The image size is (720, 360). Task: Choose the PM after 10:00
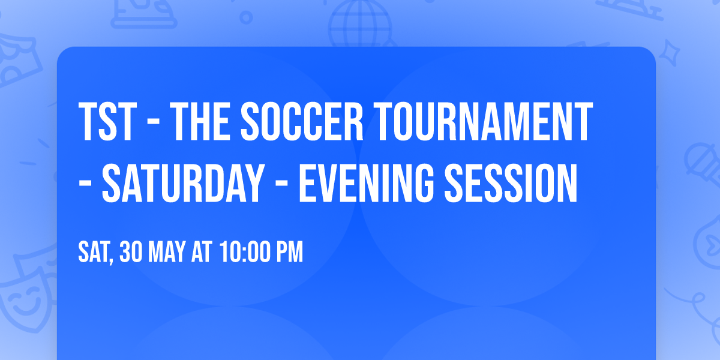(290, 253)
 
